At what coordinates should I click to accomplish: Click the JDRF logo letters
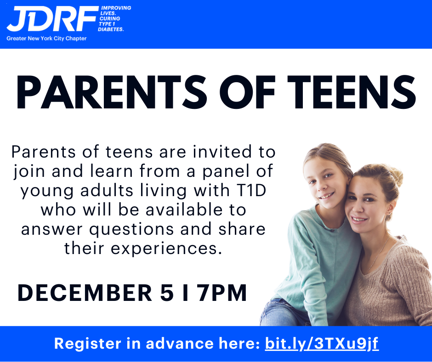click(x=52, y=19)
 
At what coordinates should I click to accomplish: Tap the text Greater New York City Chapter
click(x=46, y=39)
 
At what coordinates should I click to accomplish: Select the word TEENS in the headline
click(x=352, y=92)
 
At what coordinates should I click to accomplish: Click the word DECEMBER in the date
click(x=85, y=293)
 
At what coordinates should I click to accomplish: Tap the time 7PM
click(x=222, y=293)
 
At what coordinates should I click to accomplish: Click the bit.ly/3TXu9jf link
click(x=322, y=344)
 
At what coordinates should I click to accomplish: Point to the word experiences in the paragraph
click(x=166, y=249)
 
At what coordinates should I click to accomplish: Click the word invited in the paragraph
click(x=222, y=152)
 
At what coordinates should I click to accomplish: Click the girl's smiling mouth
click(x=326, y=196)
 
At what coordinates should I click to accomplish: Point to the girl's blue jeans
click(x=284, y=314)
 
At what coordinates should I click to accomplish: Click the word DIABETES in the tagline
click(x=111, y=29)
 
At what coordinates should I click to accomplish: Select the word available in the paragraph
click(x=184, y=210)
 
